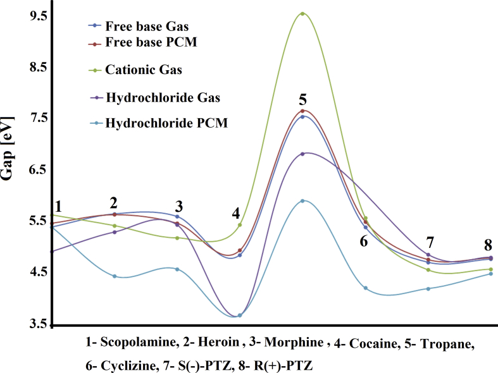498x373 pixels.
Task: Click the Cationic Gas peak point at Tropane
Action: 302,13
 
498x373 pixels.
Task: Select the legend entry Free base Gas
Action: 135,26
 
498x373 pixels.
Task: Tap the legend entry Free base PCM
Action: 135,44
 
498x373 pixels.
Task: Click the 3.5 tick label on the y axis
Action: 38,325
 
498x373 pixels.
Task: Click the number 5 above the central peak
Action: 303,99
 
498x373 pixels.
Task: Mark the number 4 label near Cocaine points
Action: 235,213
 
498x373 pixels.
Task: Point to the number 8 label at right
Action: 488,245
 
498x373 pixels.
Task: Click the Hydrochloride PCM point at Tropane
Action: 302,201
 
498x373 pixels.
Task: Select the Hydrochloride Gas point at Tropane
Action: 302,154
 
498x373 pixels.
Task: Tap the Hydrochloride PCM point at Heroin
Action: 115,276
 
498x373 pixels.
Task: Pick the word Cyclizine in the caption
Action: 124,365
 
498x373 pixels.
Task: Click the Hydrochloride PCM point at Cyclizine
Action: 366,288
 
